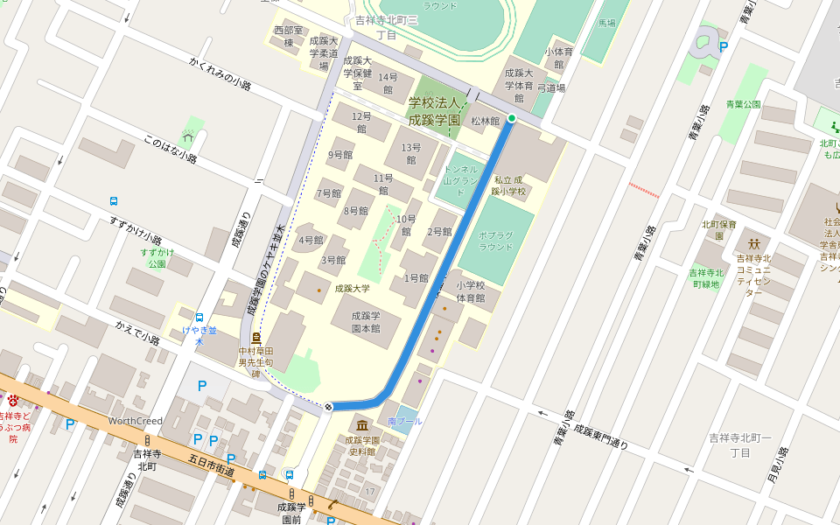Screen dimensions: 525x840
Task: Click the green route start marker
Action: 512,118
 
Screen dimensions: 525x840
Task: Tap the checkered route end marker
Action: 328,406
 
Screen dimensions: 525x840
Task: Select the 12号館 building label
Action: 361,122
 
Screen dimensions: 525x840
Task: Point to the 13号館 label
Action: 410,153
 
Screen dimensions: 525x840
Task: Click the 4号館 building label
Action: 311,240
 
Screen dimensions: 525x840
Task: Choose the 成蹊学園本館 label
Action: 366,322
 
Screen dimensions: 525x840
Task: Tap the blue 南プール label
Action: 405,421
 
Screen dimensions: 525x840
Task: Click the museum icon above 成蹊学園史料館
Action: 361,426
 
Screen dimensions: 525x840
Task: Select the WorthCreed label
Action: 136,421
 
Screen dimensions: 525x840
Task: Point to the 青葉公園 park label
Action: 743,103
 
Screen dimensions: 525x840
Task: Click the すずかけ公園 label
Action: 157,258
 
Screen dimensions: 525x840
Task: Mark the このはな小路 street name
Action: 171,150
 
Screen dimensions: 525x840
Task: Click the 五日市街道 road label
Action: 213,465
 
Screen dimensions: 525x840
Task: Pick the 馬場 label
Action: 606,24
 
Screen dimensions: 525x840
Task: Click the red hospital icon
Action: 13,401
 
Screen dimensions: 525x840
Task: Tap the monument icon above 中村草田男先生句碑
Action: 255,337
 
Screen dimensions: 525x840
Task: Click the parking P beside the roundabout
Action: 723,47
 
